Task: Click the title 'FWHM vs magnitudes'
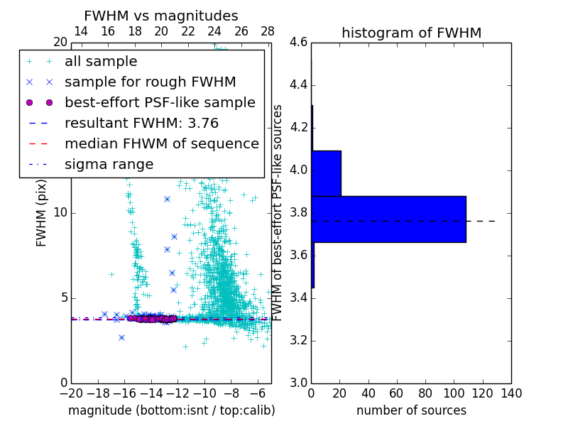click(x=161, y=16)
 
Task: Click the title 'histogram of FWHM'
click(x=411, y=33)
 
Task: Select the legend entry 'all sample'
click(x=101, y=62)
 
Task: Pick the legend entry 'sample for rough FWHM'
click(x=150, y=82)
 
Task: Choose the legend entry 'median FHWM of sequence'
click(x=161, y=143)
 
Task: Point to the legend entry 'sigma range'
click(x=109, y=165)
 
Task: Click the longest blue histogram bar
click(x=388, y=219)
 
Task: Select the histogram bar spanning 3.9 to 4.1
click(x=326, y=173)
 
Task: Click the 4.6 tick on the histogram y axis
click(x=298, y=43)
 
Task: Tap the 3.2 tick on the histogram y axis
click(x=298, y=340)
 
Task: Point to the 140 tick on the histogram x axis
click(x=511, y=393)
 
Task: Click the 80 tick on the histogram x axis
click(x=425, y=393)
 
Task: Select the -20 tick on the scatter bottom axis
click(x=71, y=393)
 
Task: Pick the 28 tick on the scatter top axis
click(x=268, y=31)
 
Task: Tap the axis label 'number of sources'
click(x=411, y=410)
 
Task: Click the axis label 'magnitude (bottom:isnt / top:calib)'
click(x=171, y=410)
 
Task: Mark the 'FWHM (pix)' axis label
click(x=42, y=213)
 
